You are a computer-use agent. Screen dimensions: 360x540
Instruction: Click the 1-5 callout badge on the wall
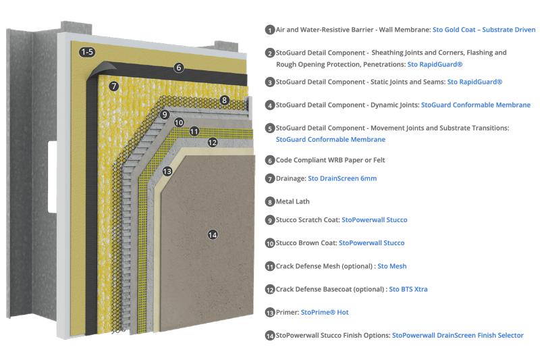point(87,52)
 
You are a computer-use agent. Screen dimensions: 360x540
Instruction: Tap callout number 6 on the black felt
point(178,68)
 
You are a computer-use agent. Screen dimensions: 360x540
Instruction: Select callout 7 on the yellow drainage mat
point(114,86)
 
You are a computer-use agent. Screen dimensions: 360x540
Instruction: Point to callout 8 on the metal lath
point(224,100)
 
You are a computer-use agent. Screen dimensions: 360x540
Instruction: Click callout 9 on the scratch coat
point(164,115)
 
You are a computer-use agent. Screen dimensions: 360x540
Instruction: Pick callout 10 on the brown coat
point(178,122)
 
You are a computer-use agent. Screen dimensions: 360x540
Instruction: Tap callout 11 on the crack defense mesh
point(194,131)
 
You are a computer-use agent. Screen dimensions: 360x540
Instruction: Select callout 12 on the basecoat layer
point(212,142)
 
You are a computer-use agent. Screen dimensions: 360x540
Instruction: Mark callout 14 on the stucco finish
point(213,234)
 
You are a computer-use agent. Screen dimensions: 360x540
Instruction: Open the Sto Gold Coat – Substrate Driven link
point(483,30)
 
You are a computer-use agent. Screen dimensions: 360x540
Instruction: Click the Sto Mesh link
point(391,266)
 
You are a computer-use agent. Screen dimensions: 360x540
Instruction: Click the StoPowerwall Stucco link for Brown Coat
point(371,242)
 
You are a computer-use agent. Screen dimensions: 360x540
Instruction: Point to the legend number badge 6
point(270,161)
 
